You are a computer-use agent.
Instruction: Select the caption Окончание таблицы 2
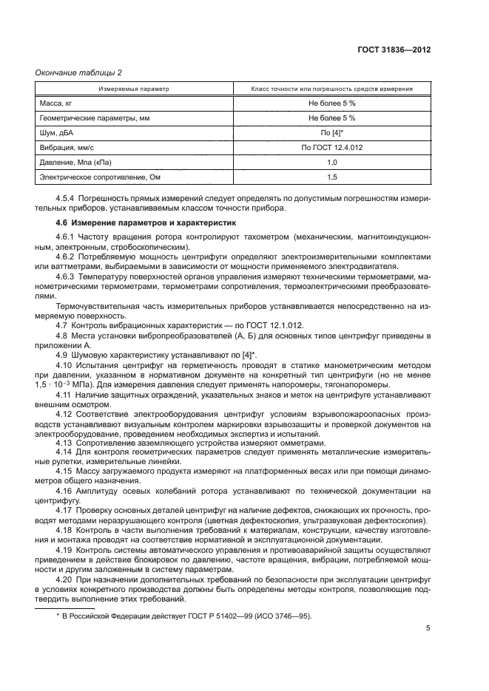[75, 72]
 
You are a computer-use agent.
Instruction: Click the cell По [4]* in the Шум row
[331, 132]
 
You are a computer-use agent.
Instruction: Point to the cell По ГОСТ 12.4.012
[331, 147]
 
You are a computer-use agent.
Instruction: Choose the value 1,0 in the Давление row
[331, 161]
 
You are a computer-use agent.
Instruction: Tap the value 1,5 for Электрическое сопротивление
[331, 177]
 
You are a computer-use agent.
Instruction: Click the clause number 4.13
[64, 443]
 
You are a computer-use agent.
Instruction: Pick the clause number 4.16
[64, 490]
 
